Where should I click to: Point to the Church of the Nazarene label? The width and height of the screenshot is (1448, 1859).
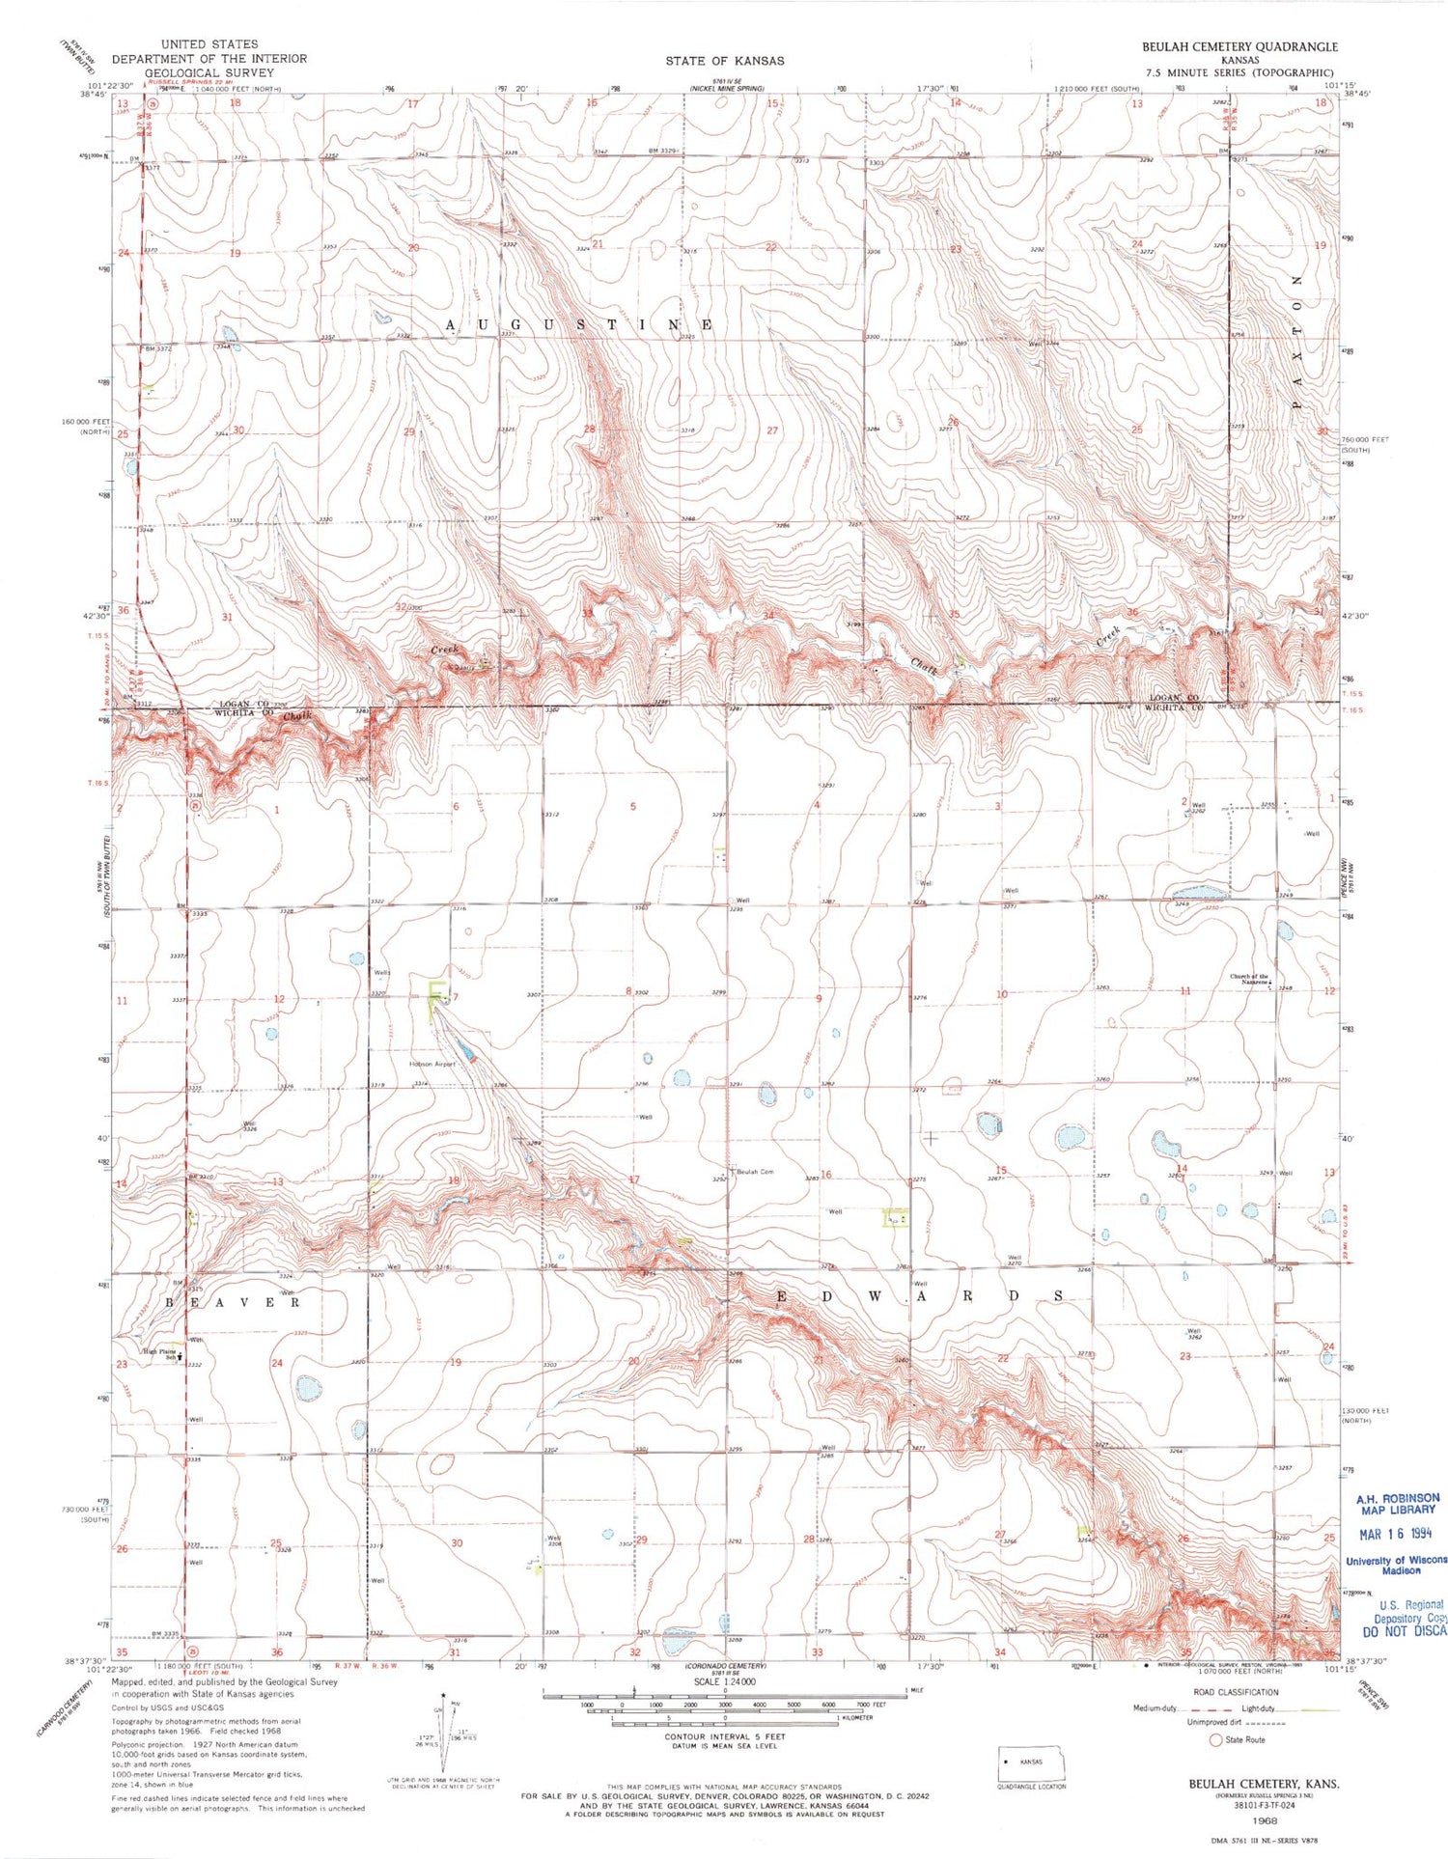(1249, 979)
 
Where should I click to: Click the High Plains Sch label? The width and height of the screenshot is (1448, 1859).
(160, 1353)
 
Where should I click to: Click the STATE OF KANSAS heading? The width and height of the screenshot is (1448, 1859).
(724, 61)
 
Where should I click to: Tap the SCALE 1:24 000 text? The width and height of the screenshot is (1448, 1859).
(724, 1681)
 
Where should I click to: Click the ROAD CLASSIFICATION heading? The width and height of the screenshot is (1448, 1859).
(1236, 1692)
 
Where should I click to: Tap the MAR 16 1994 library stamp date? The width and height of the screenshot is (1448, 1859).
(1398, 1534)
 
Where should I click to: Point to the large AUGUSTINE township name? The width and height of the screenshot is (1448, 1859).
(579, 325)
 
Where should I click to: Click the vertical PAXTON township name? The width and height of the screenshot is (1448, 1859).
(1296, 342)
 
